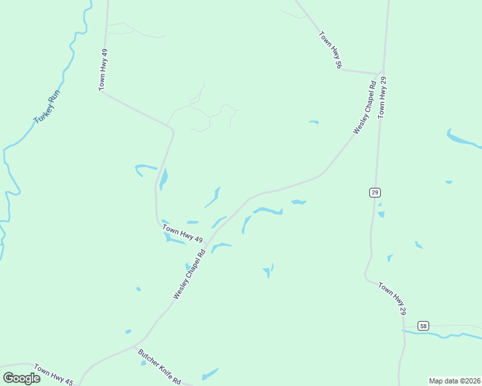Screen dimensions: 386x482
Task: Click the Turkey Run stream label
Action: [47, 107]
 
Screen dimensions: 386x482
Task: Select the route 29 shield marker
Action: [374, 192]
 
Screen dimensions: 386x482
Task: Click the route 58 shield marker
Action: [423, 326]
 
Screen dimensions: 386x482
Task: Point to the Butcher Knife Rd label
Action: [160, 366]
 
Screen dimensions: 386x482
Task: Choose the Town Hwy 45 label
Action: [54, 375]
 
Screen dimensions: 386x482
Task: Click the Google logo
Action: [22, 378]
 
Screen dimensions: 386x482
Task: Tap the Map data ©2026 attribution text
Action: [454, 381]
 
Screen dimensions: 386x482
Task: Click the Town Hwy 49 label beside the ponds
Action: [182, 234]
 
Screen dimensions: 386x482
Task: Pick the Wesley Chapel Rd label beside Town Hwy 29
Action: [364, 107]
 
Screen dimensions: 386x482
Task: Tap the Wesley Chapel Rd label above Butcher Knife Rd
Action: [189, 274]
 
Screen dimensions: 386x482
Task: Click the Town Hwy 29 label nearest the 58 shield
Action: [392, 298]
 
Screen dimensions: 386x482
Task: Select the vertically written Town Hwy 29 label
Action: [382, 96]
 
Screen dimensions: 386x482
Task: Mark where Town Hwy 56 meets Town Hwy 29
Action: [382, 73]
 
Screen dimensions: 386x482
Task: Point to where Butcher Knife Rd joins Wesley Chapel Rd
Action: [137, 348]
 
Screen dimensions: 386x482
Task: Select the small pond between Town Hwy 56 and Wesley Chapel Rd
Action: [314, 122]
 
